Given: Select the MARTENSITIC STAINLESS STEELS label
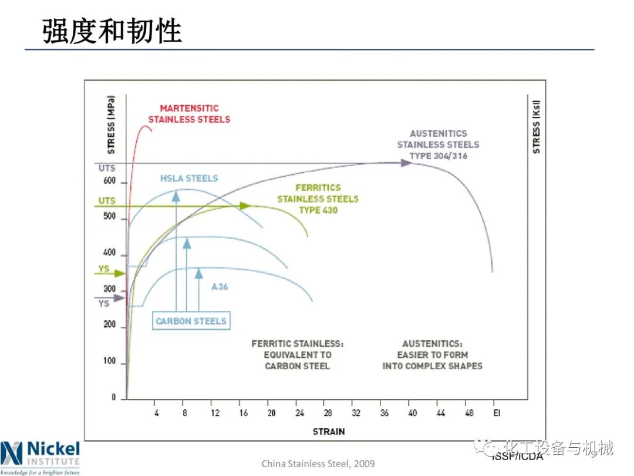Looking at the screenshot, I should [x=189, y=113].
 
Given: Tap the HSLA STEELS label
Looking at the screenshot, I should [x=189, y=178].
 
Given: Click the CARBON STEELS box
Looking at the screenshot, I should [x=191, y=321].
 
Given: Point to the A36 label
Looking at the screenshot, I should [x=220, y=287].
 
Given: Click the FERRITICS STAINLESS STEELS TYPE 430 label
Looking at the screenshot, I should [x=318, y=199].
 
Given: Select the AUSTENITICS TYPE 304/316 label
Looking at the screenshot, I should [x=438, y=145].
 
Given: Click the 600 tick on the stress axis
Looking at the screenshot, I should [x=110, y=182].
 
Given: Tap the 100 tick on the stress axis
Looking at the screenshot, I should [x=110, y=361].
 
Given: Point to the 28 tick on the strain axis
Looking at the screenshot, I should [x=328, y=413].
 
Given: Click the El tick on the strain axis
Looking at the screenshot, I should [x=497, y=413].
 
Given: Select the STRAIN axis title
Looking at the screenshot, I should [x=329, y=431].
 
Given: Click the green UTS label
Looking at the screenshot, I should [x=106, y=201].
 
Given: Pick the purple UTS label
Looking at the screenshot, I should [x=106, y=169].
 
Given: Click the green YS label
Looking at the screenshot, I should [x=103, y=269].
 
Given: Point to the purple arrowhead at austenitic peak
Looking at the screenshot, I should [x=406, y=163].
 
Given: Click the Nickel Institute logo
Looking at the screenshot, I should [x=40, y=457].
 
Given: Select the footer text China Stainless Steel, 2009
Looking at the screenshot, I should [x=318, y=464].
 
